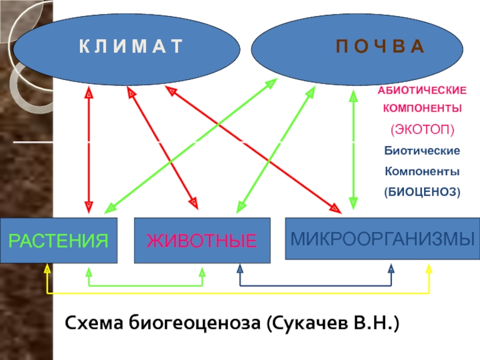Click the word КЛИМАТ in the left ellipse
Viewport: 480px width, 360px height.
(131, 47)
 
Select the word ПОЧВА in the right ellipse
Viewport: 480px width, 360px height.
(380, 47)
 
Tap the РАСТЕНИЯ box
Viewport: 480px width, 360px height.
(58, 241)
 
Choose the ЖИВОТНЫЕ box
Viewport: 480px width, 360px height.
(202, 241)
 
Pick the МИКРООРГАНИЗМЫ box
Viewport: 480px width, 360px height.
(383, 238)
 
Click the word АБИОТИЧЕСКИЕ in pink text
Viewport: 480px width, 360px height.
(422, 91)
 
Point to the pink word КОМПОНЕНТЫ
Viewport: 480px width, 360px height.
(422, 108)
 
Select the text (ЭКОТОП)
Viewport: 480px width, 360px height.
(422, 130)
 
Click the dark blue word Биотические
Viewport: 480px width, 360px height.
(422, 151)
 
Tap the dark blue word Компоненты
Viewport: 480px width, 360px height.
(422, 171)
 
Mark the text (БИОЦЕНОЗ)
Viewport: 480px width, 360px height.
(422, 192)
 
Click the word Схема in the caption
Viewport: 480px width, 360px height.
(94, 323)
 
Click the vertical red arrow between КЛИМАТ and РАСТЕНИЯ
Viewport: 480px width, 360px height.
(89, 149)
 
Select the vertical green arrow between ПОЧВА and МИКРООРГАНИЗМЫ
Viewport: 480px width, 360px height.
(353, 149)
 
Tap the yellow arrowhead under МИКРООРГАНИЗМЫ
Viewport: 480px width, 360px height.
(429, 269)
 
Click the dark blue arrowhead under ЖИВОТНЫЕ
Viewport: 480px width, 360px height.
(240, 269)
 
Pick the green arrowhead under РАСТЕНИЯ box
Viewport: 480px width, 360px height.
(89, 272)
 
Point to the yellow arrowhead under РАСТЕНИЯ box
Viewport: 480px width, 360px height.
(47, 268)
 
